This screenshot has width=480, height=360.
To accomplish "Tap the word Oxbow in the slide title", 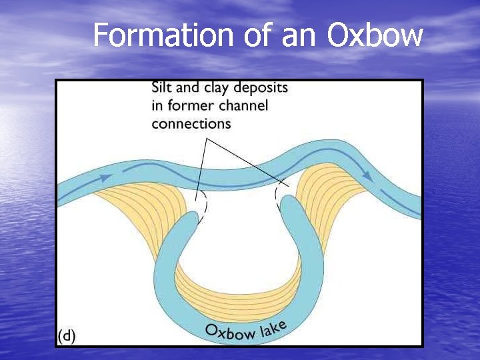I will (x=375, y=35).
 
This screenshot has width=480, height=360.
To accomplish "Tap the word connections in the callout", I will (x=191, y=124).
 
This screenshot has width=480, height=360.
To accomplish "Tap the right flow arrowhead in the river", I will (x=366, y=175).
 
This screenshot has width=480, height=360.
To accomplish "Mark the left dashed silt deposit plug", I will (x=201, y=203).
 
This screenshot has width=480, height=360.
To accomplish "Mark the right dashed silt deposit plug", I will (x=277, y=198).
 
